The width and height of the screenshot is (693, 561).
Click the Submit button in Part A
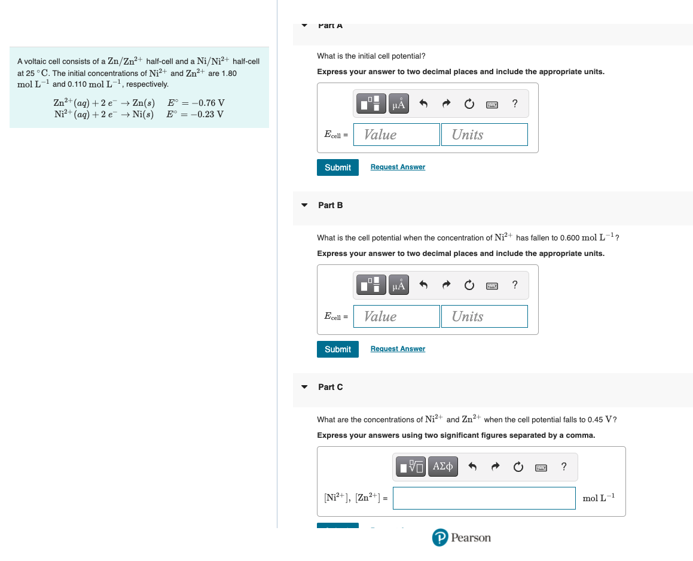click(338, 167)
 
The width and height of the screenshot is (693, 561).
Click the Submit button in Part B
click(338, 349)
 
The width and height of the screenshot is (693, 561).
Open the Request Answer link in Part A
click(398, 167)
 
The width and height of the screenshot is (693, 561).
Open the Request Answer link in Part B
click(398, 349)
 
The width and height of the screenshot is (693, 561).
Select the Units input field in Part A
click(485, 135)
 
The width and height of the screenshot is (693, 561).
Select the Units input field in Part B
click(485, 316)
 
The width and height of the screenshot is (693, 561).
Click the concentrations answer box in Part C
click(484, 498)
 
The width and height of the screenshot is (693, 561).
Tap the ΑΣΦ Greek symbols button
click(443, 466)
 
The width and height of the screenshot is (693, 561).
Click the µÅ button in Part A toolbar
click(399, 104)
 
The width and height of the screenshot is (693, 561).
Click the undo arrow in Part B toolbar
click(423, 286)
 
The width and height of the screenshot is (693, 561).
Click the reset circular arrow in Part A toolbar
click(469, 104)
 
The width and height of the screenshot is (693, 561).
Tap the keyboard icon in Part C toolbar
click(541, 467)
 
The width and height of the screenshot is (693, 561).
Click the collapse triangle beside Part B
click(304, 205)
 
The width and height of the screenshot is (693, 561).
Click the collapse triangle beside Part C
click(304, 387)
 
